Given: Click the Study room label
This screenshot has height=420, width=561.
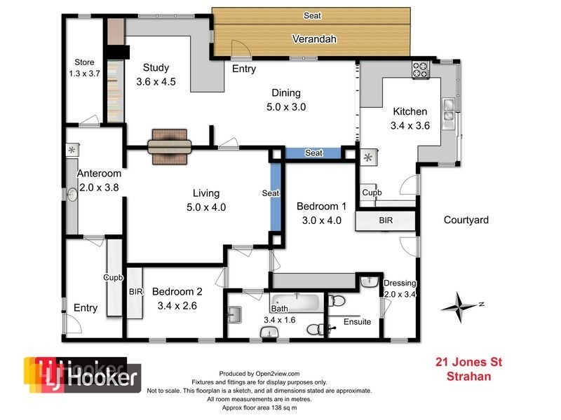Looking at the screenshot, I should click(x=156, y=68).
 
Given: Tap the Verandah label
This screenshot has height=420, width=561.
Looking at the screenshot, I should click(x=311, y=38).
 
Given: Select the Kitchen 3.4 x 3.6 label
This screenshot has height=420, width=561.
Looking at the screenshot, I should click(x=410, y=112).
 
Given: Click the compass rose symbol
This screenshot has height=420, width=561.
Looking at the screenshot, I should click(x=460, y=304).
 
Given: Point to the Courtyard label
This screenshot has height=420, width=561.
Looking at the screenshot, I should click(x=466, y=220).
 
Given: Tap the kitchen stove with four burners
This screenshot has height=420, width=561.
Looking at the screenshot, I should click(x=421, y=69).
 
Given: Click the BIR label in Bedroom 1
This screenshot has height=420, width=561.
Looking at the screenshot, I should click(x=386, y=220).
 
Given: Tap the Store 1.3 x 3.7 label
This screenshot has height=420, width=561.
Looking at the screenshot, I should click(x=83, y=67).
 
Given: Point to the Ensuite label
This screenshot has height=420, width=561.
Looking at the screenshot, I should click(x=357, y=322).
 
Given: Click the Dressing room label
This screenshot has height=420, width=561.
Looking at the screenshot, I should click(x=400, y=283).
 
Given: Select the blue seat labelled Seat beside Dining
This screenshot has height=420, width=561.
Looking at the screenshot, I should click(x=313, y=153).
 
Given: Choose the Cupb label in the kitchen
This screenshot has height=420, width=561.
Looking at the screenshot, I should click(x=372, y=192).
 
